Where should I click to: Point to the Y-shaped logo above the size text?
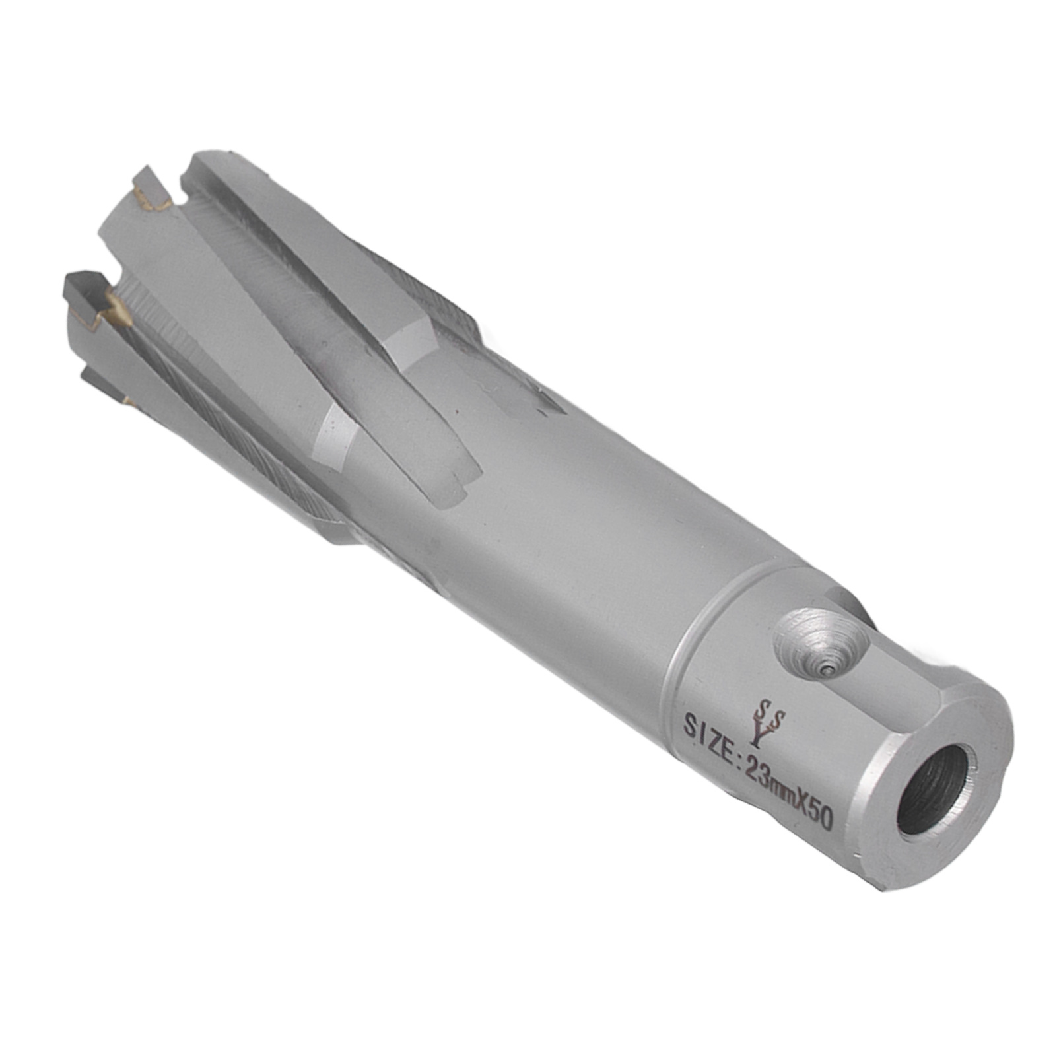(x=768, y=720)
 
